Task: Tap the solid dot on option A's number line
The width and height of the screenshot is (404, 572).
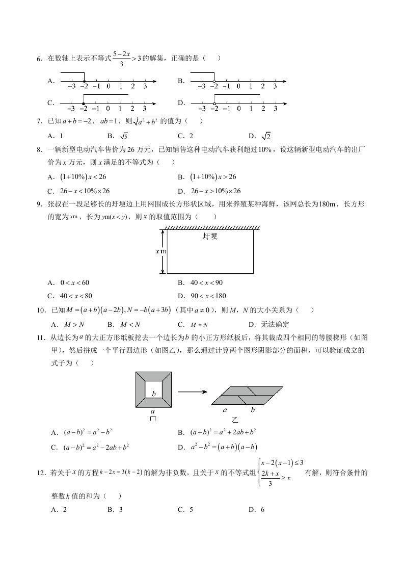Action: coord(83,81)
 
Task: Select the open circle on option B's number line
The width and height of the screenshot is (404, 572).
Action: coord(214,81)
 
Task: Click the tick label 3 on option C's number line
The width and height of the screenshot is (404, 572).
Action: coord(145,109)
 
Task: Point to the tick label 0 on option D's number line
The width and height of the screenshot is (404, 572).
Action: coord(238,109)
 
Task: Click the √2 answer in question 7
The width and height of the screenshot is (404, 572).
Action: coord(266,136)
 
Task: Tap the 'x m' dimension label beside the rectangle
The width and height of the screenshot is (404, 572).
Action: coord(161,251)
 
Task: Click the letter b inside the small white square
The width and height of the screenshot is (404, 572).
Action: coord(153,393)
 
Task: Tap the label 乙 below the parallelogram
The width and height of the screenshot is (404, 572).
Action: coord(235,421)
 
